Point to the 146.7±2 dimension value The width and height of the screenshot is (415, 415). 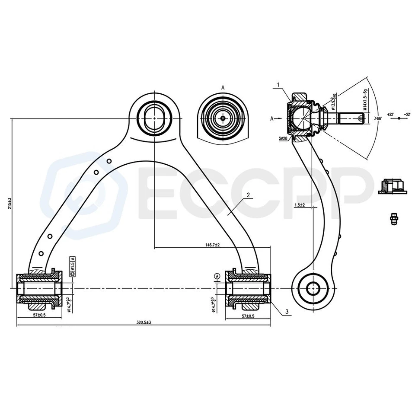click(212, 245)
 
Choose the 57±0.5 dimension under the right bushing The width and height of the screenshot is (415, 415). click(248, 316)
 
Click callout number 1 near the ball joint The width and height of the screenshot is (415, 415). click(279, 85)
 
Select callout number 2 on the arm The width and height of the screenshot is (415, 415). click(249, 195)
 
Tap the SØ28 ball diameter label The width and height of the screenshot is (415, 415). click(284, 139)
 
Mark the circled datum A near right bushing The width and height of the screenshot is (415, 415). click(216, 275)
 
